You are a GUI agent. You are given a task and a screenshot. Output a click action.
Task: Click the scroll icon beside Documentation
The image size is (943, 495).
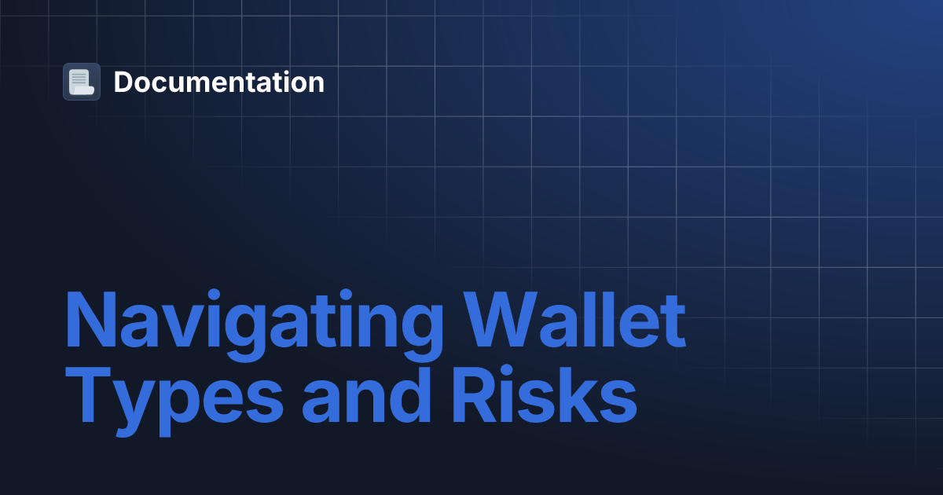click(x=82, y=82)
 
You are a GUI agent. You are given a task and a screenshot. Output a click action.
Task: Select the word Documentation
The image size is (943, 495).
click(x=218, y=82)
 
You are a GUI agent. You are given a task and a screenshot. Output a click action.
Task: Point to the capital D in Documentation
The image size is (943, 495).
click(x=124, y=82)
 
